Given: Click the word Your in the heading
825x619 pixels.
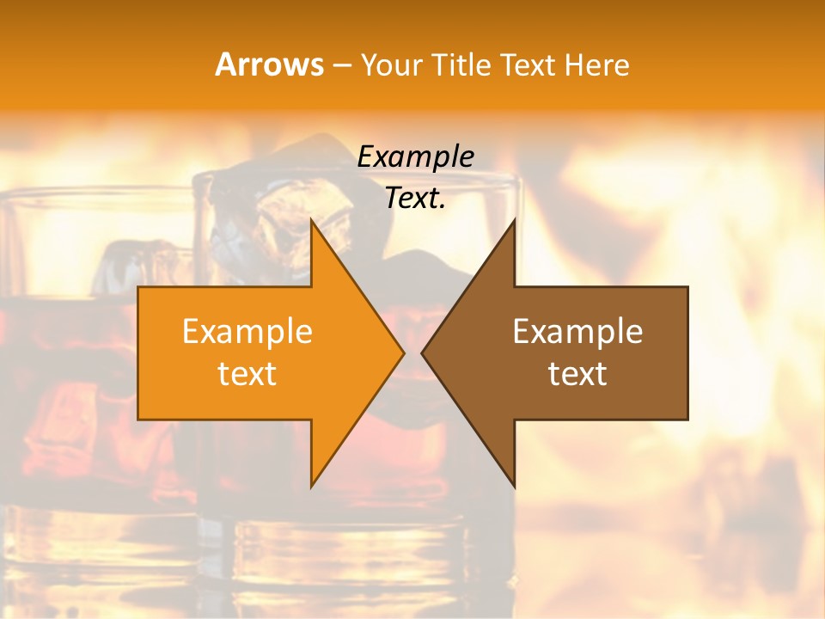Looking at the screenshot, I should [393, 65].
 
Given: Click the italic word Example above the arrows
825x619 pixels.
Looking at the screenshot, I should [416, 156].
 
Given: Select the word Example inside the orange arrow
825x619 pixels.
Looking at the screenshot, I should [247, 331].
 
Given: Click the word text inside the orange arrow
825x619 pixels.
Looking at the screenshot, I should [247, 374].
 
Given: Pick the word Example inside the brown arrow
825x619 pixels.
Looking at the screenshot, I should [577, 331].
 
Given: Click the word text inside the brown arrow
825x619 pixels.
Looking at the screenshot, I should [577, 374].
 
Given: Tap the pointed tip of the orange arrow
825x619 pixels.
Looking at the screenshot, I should [402, 352].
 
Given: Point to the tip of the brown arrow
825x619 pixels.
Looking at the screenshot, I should [424, 352].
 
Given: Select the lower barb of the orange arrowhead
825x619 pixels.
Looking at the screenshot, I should [315, 481].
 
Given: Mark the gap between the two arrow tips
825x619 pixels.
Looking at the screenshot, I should [412, 352].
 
